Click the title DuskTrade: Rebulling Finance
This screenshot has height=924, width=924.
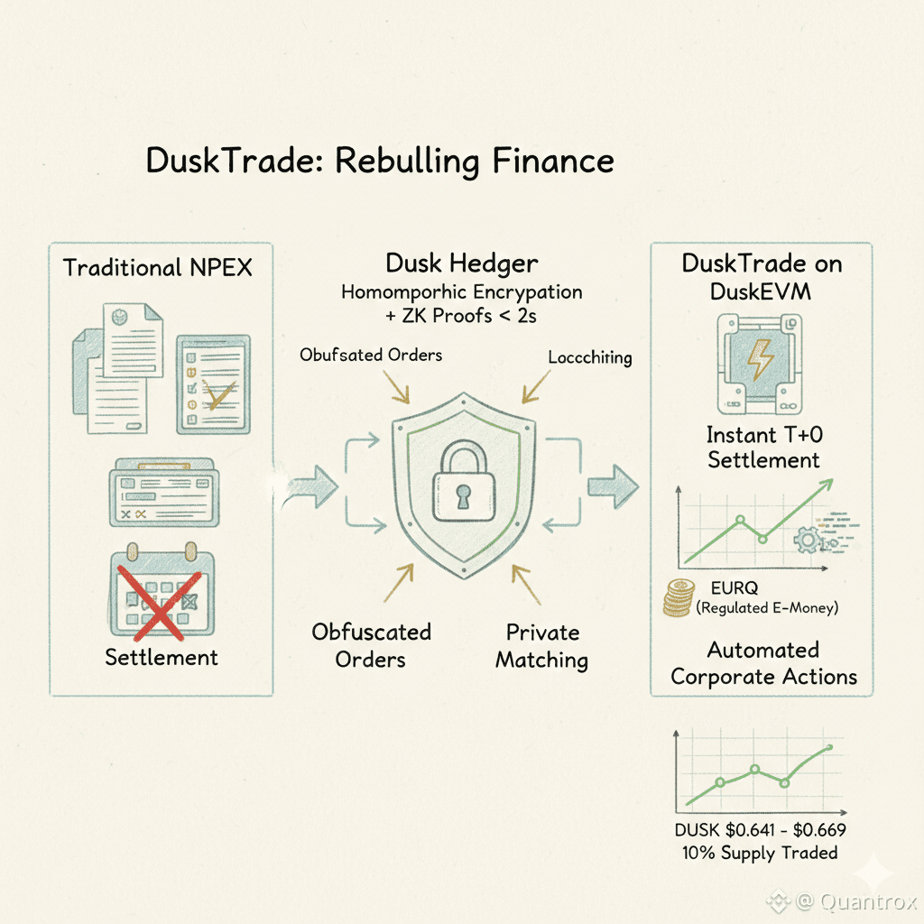tap(379, 161)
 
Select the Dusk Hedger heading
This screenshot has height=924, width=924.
tap(461, 263)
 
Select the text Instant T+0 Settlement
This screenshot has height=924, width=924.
tap(763, 448)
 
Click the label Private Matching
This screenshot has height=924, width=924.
tap(541, 646)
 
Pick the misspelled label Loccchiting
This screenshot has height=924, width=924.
tap(589, 357)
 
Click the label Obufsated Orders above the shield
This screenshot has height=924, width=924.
tap(371, 355)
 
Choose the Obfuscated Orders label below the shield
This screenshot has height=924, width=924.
tap(371, 646)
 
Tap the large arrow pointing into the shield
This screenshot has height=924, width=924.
tap(314, 488)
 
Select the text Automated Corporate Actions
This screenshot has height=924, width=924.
tap(763, 663)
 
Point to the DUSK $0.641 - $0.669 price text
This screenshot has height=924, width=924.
tap(760, 830)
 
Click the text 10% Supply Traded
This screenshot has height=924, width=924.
tap(760, 853)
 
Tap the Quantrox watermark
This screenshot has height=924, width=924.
tap(844, 901)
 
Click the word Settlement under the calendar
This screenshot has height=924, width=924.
tap(161, 656)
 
